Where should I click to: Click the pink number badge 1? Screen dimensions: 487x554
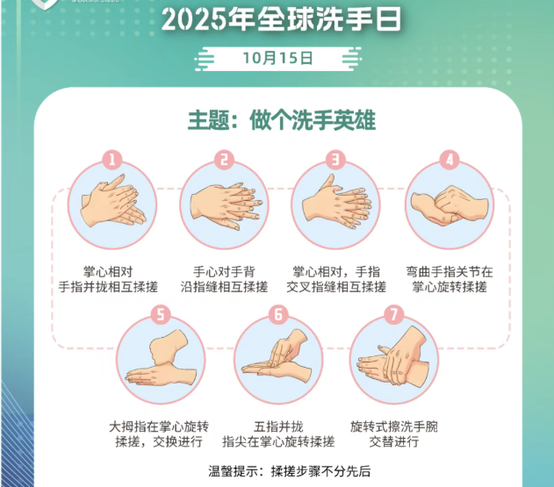112,160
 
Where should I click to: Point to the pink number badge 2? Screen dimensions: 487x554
225,160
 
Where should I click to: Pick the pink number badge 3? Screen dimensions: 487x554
335,160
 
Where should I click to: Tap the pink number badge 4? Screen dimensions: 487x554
449,160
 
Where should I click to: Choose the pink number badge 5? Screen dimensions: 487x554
160,313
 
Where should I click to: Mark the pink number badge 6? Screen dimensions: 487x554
277,313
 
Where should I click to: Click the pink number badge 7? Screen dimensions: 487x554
393,313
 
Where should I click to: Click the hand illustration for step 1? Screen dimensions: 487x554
112,204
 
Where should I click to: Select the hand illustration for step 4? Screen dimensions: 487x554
449,204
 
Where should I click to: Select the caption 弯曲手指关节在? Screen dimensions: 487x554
449,271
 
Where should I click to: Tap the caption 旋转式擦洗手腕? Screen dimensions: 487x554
393,426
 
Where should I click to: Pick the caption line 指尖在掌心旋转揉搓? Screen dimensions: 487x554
277,441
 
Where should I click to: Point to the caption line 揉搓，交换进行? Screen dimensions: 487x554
159,441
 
